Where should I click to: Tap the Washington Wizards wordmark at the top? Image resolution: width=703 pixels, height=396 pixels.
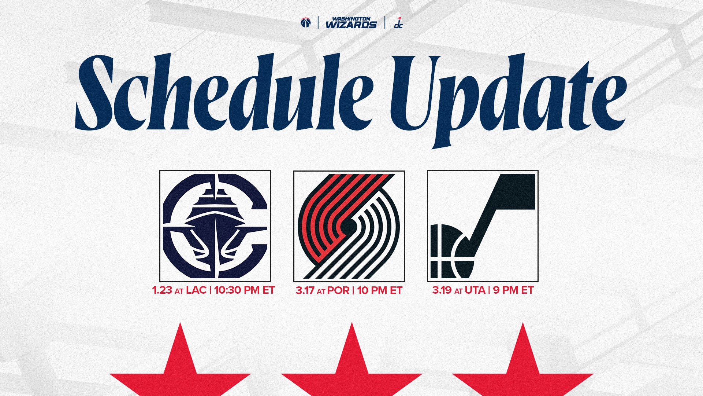point(351,23)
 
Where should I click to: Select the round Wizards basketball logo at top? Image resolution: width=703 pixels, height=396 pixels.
point(305,23)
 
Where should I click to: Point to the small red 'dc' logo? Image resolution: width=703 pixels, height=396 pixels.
point(398,23)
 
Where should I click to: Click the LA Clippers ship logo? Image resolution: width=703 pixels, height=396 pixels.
point(215,226)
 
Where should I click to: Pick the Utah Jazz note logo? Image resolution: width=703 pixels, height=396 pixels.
point(483,226)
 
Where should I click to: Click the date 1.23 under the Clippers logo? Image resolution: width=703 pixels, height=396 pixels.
point(162,290)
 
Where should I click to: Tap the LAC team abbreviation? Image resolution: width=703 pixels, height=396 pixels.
point(196,290)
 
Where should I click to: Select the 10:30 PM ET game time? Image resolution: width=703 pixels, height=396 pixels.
point(244,290)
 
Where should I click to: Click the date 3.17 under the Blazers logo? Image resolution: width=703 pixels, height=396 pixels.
point(305,291)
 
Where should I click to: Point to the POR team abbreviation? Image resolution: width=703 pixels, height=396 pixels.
point(338,291)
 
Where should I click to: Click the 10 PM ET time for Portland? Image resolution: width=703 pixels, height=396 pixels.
point(380,291)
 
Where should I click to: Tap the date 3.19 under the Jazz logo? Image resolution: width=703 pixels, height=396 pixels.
point(442,290)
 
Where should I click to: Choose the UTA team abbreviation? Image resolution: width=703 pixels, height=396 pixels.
point(475,290)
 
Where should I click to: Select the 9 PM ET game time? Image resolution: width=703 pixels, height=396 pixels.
point(513,290)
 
